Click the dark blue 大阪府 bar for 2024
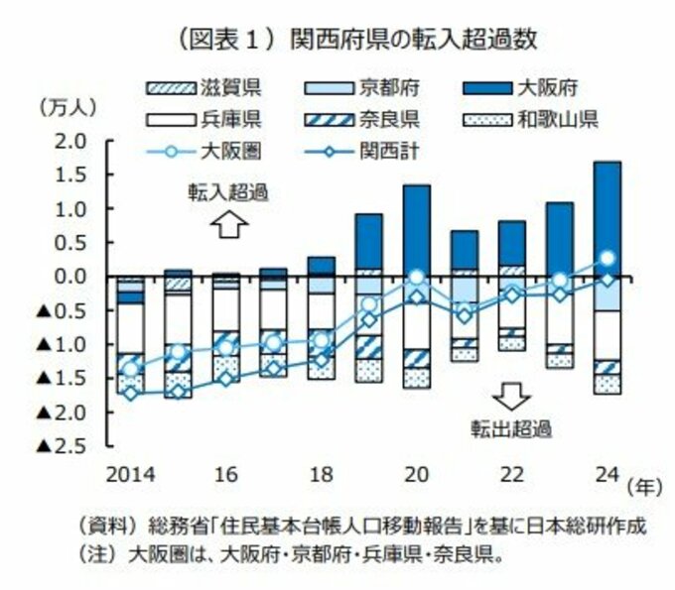pyautogui.click(x=607, y=218)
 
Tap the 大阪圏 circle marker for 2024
pyautogui.click(x=607, y=259)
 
